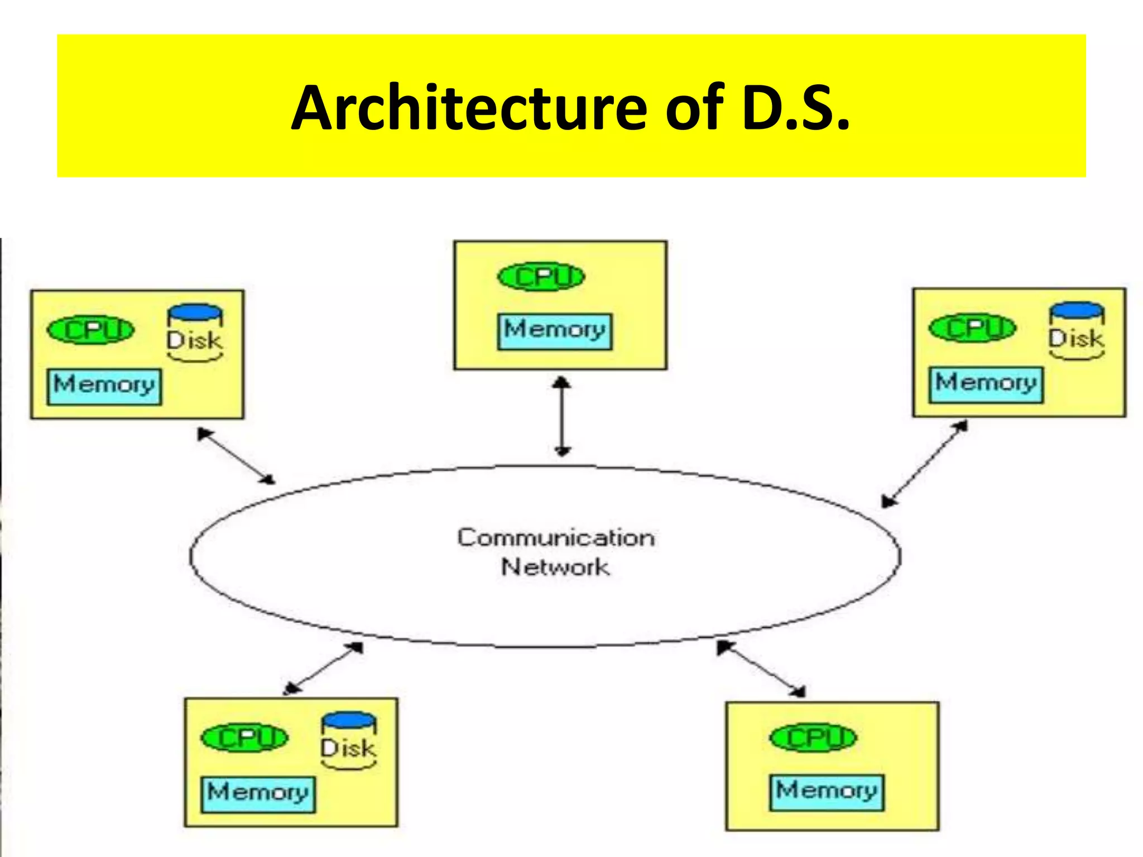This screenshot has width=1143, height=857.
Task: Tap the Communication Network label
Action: (556, 552)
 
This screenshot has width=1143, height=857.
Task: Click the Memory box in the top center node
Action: (555, 331)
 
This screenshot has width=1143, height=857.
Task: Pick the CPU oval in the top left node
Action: (90, 330)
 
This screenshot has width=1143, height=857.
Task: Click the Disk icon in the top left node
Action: (195, 333)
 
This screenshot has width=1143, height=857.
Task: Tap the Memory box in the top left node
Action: (104, 386)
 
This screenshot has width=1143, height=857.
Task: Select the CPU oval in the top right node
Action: (972, 328)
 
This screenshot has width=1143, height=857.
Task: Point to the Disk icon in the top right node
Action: (1077, 331)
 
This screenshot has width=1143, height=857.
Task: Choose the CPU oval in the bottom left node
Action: (244, 738)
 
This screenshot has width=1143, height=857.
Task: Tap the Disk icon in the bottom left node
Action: (349, 741)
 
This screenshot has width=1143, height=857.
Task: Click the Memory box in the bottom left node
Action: (258, 794)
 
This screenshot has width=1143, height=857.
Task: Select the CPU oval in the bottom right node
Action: (813, 738)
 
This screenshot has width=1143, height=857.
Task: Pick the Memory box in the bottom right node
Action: (827, 792)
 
